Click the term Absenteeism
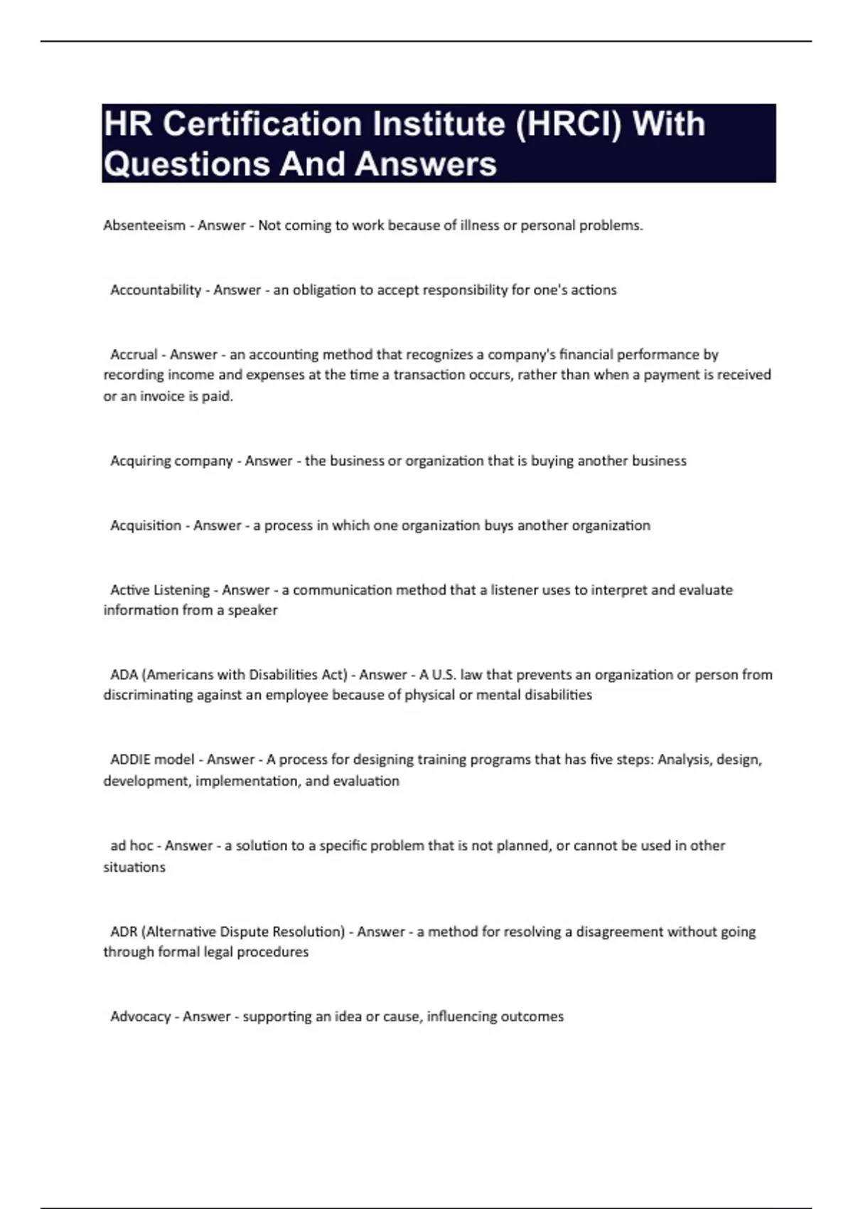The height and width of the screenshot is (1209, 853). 144,225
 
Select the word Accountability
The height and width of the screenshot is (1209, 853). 156,290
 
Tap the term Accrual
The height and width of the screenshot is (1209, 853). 134,355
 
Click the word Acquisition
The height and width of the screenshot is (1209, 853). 146,526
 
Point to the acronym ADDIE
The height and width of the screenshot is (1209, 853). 130,760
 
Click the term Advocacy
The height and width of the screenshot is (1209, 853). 140,1017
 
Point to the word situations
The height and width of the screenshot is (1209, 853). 134,868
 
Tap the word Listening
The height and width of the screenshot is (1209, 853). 181,590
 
